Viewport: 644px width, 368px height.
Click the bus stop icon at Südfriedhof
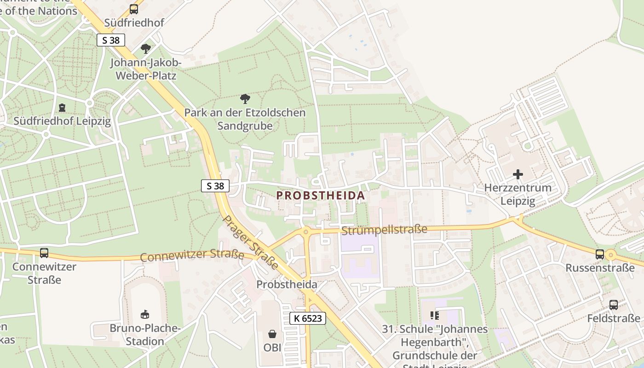click(x=134, y=9)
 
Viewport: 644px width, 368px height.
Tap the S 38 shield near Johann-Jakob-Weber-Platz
click(x=111, y=40)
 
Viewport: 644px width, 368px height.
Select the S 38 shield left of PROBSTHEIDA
click(x=215, y=186)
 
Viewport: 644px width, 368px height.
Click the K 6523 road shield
click(x=308, y=318)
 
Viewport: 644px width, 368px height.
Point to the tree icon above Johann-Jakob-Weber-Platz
click(x=146, y=48)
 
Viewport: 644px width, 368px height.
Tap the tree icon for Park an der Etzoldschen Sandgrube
click(x=245, y=98)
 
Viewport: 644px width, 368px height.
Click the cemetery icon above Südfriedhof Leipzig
click(x=62, y=108)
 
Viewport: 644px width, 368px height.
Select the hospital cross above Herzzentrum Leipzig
click(x=518, y=174)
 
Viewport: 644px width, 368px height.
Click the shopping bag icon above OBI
click(x=272, y=333)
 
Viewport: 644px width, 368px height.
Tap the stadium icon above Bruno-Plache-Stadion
click(x=145, y=315)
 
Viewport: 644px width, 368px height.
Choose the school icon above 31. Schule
click(x=435, y=316)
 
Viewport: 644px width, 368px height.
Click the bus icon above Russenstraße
click(x=600, y=254)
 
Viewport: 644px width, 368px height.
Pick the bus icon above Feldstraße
click(x=614, y=305)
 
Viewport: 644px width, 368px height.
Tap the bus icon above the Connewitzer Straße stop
click(x=44, y=253)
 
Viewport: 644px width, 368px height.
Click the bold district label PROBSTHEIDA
click(x=321, y=195)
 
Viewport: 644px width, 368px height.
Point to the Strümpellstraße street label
click(x=384, y=229)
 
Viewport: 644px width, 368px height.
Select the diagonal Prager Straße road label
click(x=250, y=242)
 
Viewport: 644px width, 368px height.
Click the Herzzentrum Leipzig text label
click(x=518, y=195)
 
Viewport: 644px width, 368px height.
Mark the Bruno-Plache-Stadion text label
click(x=145, y=335)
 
